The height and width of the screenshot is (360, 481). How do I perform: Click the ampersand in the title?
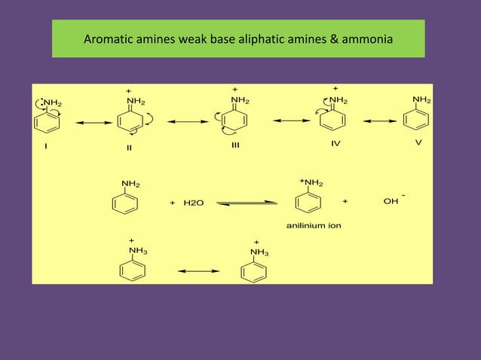pyautogui.click(x=333, y=39)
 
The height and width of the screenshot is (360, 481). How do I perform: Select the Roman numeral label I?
pyautogui.click(x=46, y=146)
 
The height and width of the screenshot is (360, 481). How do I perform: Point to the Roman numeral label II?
pyautogui.click(x=130, y=148)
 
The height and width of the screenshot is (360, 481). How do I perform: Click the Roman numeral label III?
pyautogui.click(x=235, y=145)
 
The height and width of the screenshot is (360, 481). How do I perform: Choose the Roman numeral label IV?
pyautogui.click(x=336, y=144)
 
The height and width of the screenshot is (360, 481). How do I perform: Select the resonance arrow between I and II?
pyautogui.click(x=90, y=124)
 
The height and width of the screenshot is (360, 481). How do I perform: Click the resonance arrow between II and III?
pyautogui.click(x=187, y=121)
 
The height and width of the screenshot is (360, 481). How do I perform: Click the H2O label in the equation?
pyautogui.click(x=193, y=203)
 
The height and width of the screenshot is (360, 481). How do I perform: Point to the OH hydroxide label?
pyautogui.click(x=391, y=202)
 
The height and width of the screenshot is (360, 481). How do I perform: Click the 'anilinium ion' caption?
pyautogui.click(x=314, y=225)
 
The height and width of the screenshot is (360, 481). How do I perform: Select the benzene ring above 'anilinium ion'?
pyautogui.click(x=310, y=203)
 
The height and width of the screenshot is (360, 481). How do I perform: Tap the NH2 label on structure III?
pyautogui.click(x=240, y=99)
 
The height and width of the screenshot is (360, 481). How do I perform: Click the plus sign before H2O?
pyautogui.click(x=173, y=203)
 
